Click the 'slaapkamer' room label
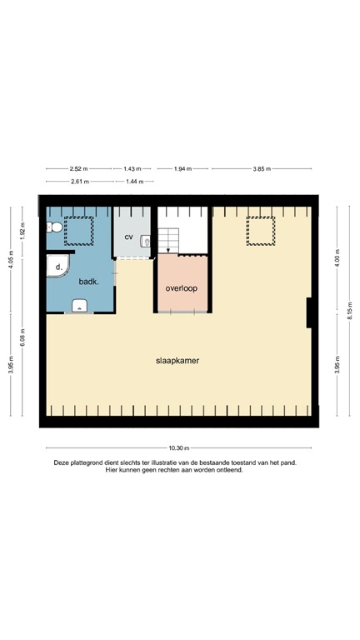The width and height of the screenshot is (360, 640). [x=177, y=361]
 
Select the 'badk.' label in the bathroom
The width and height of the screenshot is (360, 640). [x=89, y=282]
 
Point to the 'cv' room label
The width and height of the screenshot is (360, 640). [x=129, y=237]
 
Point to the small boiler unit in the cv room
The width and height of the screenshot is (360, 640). [x=147, y=242]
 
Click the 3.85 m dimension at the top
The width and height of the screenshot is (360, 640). [x=262, y=169]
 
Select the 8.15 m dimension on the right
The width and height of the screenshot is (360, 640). [x=350, y=311]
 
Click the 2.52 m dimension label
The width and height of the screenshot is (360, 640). [x=78, y=169]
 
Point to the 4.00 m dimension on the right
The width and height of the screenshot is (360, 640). [x=337, y=257]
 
